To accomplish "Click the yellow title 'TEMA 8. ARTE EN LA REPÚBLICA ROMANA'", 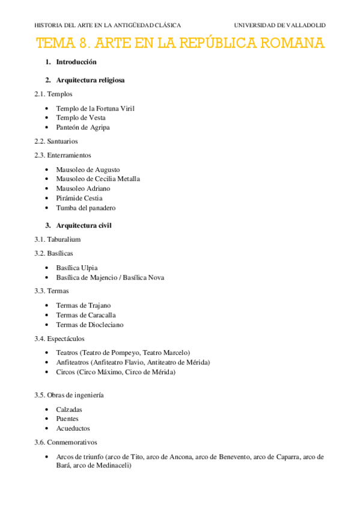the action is [180, 43].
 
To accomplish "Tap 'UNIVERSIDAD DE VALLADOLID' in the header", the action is [279, 25].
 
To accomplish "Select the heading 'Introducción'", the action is [76, 62].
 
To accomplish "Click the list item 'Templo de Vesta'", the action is [81, 118].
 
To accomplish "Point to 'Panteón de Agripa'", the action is [83, 127].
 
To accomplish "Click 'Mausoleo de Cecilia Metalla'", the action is [97, 179].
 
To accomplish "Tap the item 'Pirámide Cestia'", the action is [79, 198].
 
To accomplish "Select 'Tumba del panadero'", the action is [85, 208].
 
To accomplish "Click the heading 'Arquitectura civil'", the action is [84, 226].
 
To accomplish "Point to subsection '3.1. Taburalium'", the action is [58, 239].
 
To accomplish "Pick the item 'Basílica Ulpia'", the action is [77, 268].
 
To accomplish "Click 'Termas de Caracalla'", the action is [86, 315].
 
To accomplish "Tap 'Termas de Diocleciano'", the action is [90, 325].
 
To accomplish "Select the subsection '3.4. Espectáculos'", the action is [61, 339].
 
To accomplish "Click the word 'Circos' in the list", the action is [66, 372].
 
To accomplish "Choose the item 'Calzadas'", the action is [69, 410].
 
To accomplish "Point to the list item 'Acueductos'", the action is [73, 429].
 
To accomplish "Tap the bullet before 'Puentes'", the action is [47, 419].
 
